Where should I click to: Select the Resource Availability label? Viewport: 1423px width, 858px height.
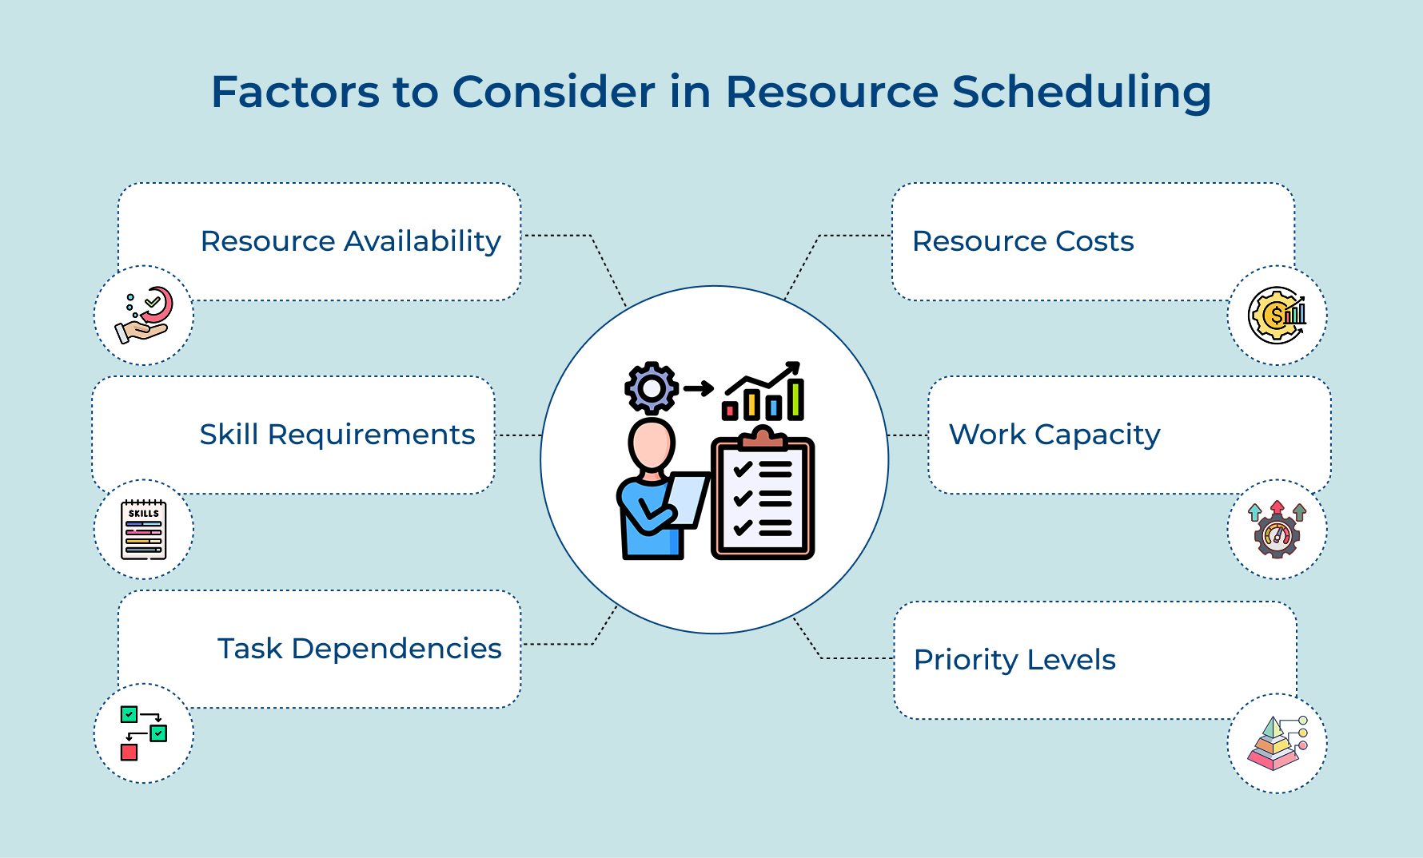(350, 241)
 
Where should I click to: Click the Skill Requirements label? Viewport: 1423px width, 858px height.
(337, 435)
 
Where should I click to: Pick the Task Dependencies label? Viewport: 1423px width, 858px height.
(359, 649)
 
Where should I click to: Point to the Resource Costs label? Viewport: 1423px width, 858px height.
(1022, 241)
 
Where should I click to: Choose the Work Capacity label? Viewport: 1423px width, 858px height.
(1054, 435)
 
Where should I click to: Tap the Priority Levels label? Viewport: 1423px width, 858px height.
(1014, 660)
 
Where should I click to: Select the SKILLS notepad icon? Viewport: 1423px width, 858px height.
(144, 530)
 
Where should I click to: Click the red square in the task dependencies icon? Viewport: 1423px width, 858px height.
(129, 752)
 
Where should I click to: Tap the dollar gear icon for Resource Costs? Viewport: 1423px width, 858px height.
(1277, 316)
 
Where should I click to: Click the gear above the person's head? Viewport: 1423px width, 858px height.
(652, 388)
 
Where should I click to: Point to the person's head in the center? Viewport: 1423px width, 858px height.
(651, 444)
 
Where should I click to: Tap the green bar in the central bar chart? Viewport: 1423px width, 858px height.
(795, 399)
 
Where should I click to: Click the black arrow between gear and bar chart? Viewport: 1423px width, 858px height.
(698, 389)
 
